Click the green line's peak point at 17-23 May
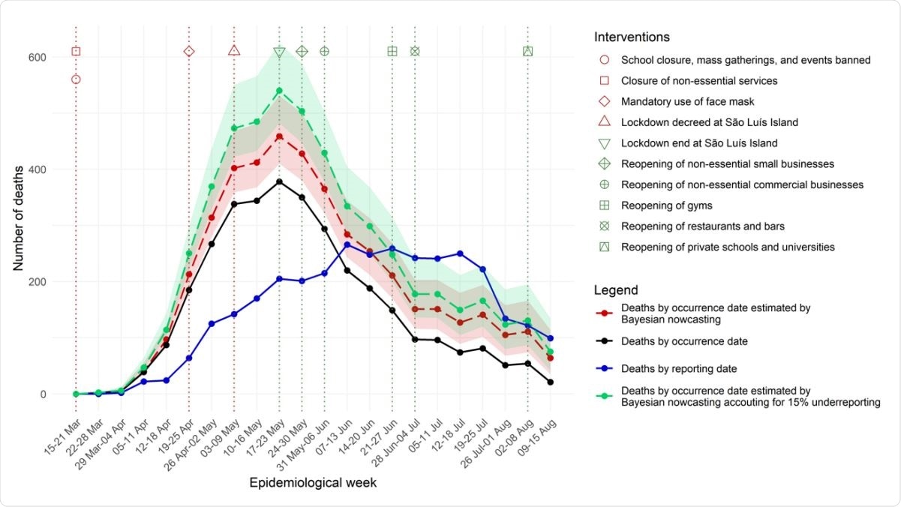pyautogui.click(x=279, y=91)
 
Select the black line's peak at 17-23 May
pyautogui.click(x=279, y=181)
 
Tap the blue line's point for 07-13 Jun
pyautogui.click(x=347, y=244)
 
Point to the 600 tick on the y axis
pyautogui.click(x=38, y=57)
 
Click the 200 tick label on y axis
pyautogui.click(x=38, y=282)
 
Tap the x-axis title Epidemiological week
pyautogui.click(x=313, y=483)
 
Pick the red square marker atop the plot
pyautogui.click(x=76, y=51)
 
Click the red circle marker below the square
pyautogui.click(x=76, y=79)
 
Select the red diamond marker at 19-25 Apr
pyautogui.click(x=189, y=51)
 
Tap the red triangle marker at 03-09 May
pyautogui.click(x=234, y=51)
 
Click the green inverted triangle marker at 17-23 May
pyautogui.click(x=279, y=52)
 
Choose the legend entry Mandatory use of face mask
pyautogui.click(x=687, y=101)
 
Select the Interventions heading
pyautogui.click(x=632, y=37)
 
